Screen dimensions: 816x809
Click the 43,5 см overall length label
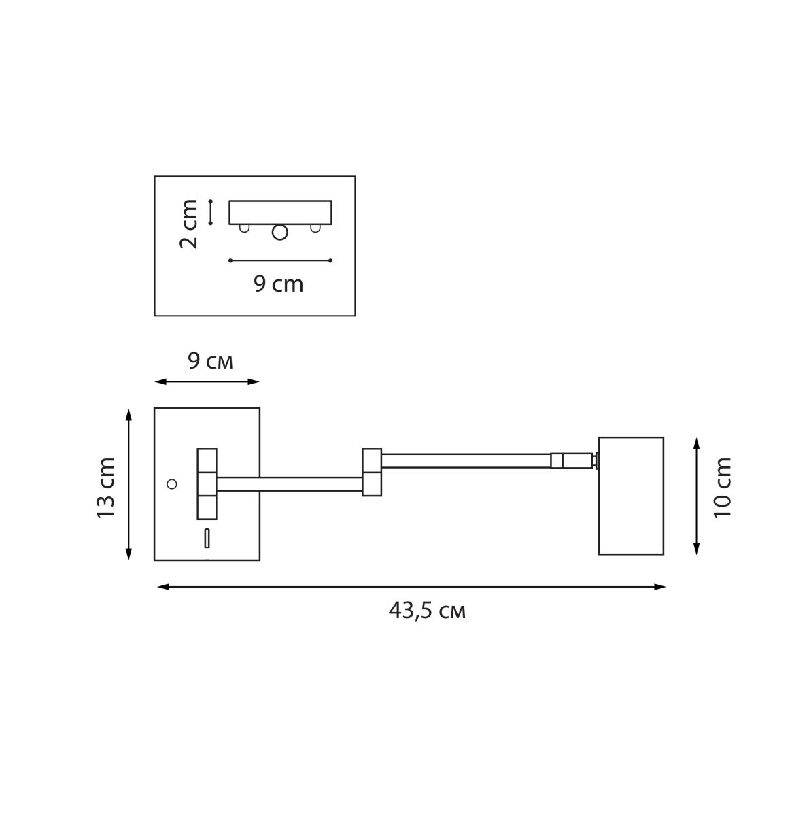click(427, 611)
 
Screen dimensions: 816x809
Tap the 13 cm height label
click(106, 488)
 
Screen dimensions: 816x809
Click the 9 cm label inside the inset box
click(278, 284)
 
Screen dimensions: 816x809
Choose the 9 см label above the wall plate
click(210, 362)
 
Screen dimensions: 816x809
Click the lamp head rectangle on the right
click(630, 495)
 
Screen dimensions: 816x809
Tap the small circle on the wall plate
click(172, 483)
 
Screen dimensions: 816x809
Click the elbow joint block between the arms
click(371, 472)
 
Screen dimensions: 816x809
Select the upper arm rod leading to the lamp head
click(465, 460)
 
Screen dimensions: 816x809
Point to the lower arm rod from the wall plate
click(289, 484)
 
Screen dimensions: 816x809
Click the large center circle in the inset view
click(279, 233)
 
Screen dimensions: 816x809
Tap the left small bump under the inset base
click(244, 228)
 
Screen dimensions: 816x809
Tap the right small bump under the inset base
click(315, 228)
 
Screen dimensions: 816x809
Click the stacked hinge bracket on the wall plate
click(207, 483)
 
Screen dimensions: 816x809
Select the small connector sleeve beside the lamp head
click(572, 461)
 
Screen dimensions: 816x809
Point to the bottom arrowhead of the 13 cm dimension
click(128, 556)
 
